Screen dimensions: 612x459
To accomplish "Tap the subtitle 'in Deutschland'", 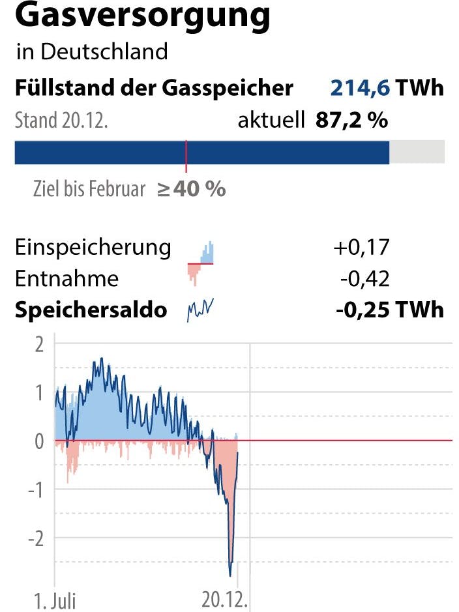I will (91, 51).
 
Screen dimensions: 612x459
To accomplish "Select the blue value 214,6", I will (361, 88).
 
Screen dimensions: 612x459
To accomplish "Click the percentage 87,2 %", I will (351, 120).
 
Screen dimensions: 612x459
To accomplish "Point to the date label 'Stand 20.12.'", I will (61, 121).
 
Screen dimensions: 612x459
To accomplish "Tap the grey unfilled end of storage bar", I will (417, 152).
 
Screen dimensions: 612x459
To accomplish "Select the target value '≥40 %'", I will (191, 189).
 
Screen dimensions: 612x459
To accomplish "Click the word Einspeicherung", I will (93, 248).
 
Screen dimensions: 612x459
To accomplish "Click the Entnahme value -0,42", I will (364, 279).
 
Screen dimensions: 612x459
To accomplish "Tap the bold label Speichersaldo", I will (91, 310).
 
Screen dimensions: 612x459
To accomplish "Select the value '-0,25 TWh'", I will (389, 310).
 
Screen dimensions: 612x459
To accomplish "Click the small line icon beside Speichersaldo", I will (201, 310).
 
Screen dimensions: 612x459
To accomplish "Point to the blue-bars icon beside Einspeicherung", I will (207, 253).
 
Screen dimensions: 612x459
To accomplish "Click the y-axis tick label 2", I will (39, 345).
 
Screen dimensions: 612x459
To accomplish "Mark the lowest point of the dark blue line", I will (230, 575).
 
